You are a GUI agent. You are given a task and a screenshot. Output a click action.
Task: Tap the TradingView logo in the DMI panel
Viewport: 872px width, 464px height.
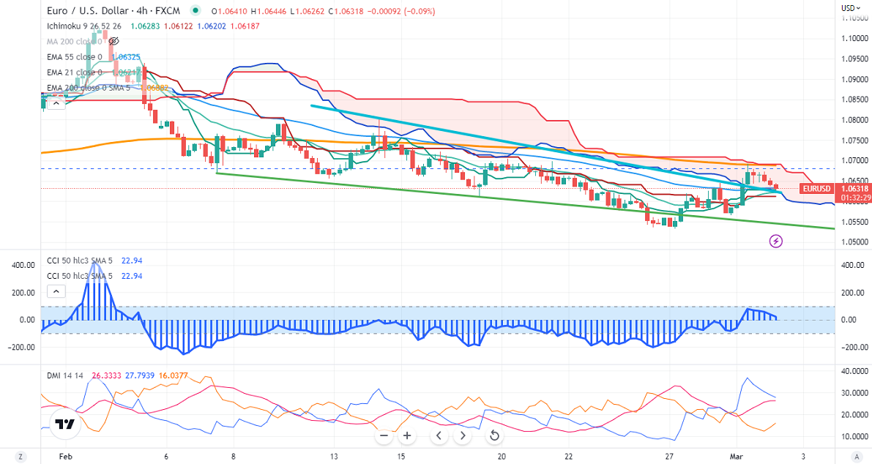tap(64, 424)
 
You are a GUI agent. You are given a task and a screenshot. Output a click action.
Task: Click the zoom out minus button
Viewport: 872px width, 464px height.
tap(384, 436)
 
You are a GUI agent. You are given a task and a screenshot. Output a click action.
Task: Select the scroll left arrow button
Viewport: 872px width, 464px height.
tap(439, 436)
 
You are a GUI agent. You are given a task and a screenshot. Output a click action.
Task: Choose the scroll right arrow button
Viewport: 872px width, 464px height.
tap(462, 436)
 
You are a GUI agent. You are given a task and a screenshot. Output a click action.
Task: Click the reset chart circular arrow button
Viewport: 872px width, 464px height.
tap(494, 436)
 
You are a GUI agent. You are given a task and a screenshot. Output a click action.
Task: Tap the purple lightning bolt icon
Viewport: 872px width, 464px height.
tap(776, 241)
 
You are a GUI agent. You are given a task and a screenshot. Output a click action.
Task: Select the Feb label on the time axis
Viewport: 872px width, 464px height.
tap(66, 456)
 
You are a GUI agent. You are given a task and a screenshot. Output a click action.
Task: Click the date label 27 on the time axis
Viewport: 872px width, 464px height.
tap(669, 456)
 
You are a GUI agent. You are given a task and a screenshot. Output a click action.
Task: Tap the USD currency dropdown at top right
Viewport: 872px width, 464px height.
tap(849, 8)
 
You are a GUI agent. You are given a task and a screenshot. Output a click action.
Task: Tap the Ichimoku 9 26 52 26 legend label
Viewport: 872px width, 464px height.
tap(83, 26)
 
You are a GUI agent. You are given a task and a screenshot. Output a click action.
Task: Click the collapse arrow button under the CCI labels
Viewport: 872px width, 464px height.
tap(56, 291)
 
